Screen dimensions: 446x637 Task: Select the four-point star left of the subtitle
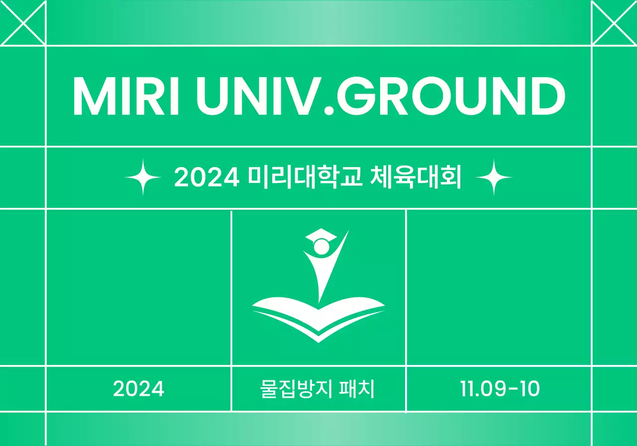143,177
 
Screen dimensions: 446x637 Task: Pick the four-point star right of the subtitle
494,177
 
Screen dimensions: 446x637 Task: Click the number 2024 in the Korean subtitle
207,178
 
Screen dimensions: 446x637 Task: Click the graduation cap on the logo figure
321,235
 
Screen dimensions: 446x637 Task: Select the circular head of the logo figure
321,247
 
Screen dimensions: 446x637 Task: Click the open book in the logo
318,318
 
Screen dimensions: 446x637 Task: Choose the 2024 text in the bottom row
138,389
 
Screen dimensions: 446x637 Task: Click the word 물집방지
293,389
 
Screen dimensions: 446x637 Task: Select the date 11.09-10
499,389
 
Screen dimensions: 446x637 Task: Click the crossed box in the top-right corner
614,22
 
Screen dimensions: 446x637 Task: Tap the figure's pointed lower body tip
319,300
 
